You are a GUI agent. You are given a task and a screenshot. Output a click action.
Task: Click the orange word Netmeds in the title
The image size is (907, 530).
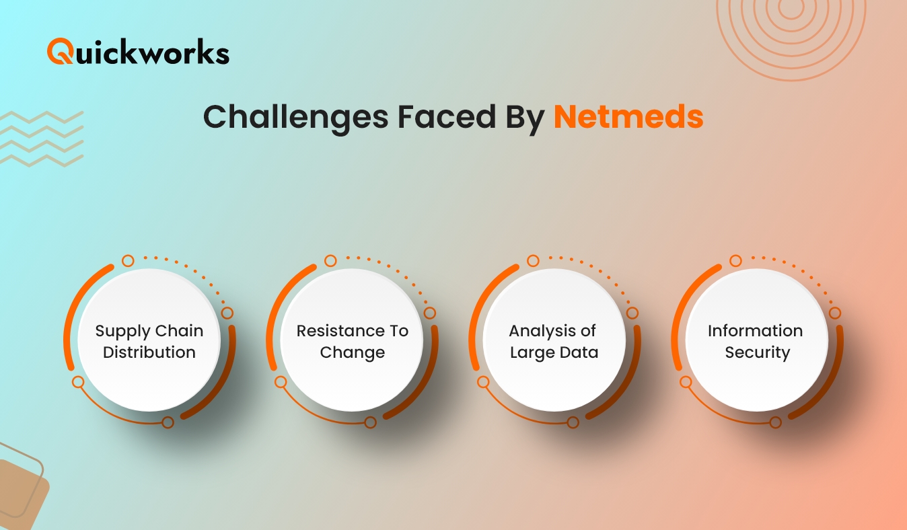(628, 117)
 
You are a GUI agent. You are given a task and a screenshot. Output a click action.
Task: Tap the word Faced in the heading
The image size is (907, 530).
(447, 117)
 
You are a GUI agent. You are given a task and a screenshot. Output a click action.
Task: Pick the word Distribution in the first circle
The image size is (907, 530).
(149, 352)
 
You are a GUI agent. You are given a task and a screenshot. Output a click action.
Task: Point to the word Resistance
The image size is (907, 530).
(340, 331)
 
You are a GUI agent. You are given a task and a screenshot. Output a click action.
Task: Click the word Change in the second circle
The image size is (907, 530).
(353, 353)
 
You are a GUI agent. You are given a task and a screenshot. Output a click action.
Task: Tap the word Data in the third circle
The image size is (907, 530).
(580, 352)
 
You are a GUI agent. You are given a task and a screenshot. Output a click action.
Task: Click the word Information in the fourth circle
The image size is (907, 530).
(755, 331)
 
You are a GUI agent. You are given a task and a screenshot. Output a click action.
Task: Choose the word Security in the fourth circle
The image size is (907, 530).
(757, 353)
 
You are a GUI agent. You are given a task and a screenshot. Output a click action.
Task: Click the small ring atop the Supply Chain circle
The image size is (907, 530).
(128, 261)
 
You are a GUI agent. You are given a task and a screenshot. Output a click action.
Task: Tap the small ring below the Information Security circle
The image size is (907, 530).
(775, 422)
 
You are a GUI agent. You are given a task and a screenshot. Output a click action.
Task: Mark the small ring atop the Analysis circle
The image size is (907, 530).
(533, 261)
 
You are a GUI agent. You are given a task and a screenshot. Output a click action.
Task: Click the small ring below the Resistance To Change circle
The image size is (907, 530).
(370, 422)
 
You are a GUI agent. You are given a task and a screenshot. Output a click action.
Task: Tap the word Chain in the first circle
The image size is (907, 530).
(180, 331)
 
